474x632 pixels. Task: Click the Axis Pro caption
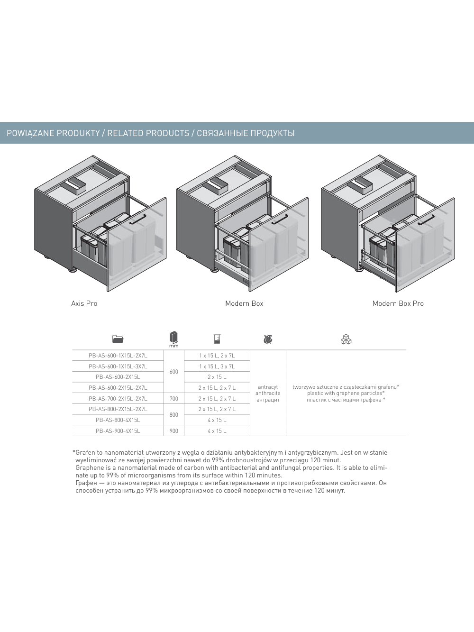point(84,303)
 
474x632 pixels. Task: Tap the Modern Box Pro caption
point(398,303)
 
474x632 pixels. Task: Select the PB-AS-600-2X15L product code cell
point(118,377)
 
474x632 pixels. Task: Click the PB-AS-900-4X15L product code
point(118,431)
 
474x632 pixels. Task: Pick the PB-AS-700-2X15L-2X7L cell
point(118,399)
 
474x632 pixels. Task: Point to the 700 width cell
point(174,399)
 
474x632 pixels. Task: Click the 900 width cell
point(174,431)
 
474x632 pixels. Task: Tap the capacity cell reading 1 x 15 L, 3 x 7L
point(217,366)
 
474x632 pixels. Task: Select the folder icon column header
point(118,339)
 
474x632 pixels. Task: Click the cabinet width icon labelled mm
point(174,338)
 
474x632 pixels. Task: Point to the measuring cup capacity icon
point(217,339)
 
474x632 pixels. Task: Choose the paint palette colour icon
point(268,339)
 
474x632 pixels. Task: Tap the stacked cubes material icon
point(346,339)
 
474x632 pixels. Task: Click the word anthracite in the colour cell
point(268,393)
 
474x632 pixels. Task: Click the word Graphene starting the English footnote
point(90,467)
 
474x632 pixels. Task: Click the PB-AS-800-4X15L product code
point(118,420)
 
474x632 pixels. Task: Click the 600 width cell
point(174,372)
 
